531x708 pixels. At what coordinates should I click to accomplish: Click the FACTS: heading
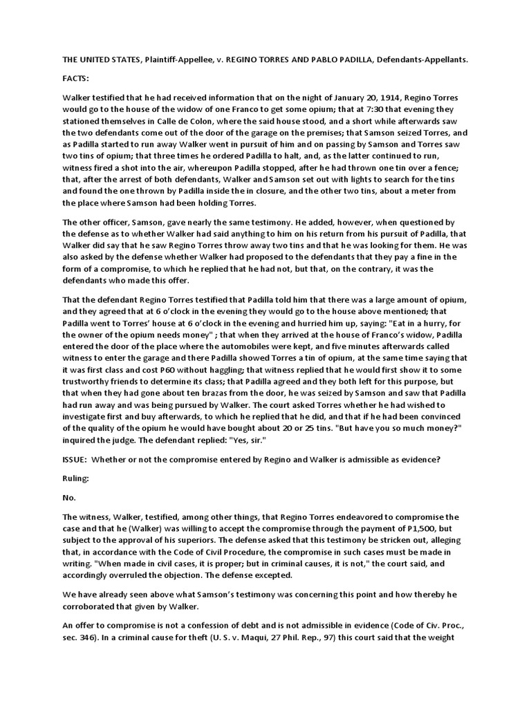(75, 79)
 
